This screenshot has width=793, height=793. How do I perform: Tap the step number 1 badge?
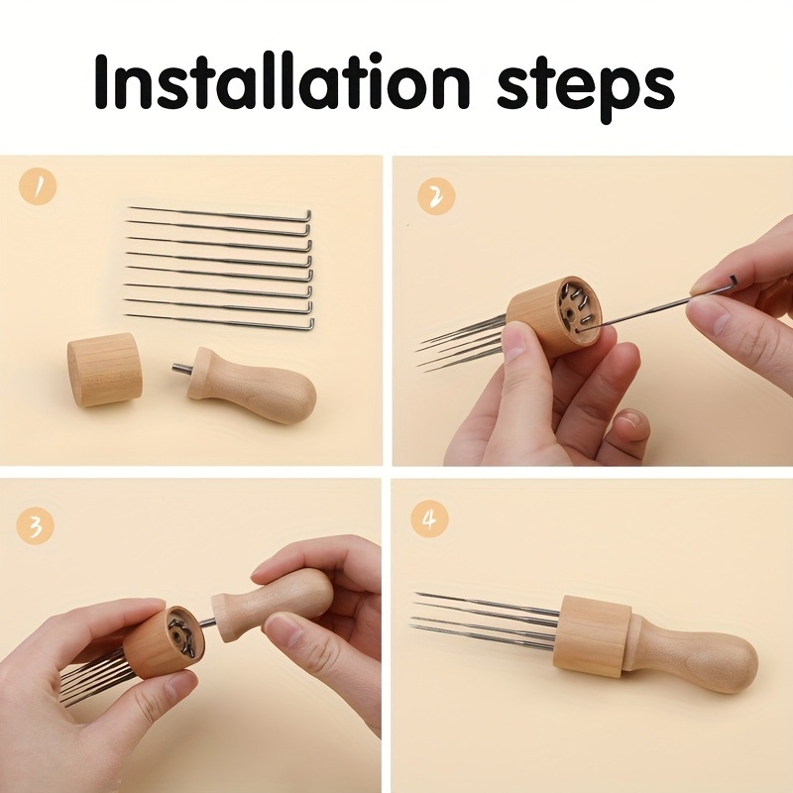pos(38,185)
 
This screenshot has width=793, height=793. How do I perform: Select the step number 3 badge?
pos(37,525)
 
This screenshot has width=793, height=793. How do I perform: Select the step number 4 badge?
pos(429,519)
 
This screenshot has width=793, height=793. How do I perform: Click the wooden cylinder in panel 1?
pos(104,369)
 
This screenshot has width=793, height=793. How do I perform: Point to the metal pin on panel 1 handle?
pos(180,370)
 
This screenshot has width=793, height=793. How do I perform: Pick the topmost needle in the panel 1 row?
pos(218,213)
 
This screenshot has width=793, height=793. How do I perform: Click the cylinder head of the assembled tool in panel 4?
pos(589,634)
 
